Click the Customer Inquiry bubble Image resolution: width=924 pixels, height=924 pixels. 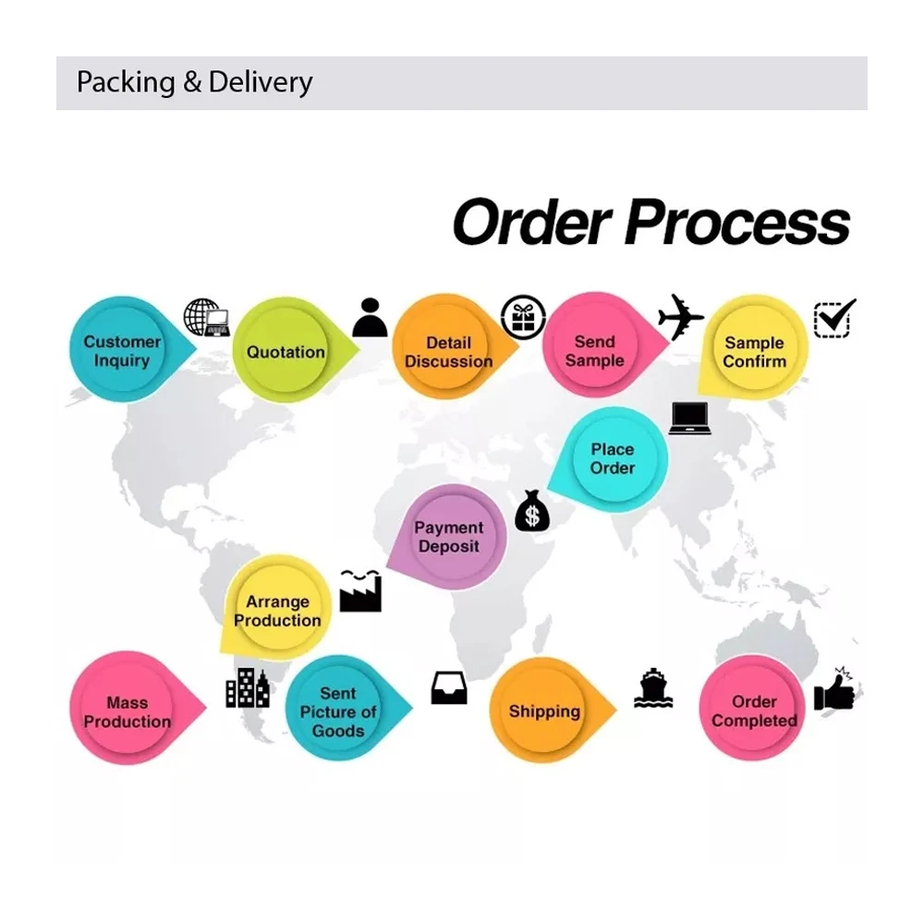point(122,350)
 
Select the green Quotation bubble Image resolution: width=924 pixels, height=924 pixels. point(286,351)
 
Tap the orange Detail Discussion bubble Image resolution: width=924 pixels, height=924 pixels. point(448,351)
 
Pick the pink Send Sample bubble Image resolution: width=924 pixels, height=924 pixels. point(595,350)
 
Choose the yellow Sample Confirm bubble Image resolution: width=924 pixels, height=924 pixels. point(754,351)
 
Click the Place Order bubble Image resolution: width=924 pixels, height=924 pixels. point(613,458)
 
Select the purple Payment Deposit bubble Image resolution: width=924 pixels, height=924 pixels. point(449,537)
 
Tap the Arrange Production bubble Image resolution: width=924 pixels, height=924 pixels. point(277,610)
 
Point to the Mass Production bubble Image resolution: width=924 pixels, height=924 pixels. point(127,711)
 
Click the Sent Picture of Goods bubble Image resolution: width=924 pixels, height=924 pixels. point(338,711)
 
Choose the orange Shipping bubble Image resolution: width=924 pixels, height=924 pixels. point(544,711)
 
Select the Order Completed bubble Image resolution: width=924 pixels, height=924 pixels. point(754,711)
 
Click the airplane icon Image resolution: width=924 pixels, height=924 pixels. point(681,316)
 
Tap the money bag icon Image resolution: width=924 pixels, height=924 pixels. point(532,511)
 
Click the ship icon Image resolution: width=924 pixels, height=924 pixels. point(653,688)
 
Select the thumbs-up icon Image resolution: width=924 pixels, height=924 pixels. point(834,690)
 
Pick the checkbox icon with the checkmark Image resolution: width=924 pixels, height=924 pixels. point(834,318)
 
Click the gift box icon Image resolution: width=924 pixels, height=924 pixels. point(523,317)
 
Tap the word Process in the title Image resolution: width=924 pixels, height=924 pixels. point(738,223)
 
